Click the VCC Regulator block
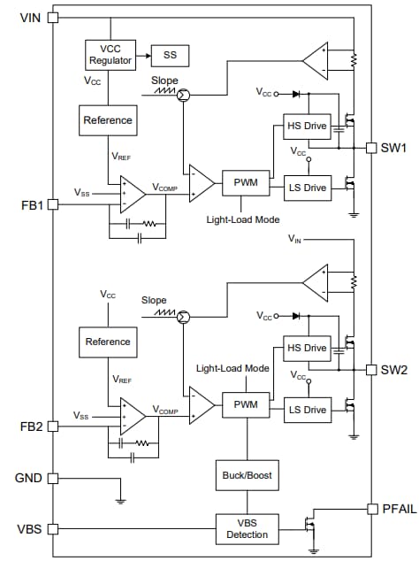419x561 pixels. pyautogui.click(x=110, y=55)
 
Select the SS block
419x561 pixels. pyautogui.click(x=170, y=55)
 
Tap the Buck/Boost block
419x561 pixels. pyautogui.click(x=245, y=475)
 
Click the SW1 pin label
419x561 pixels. pyautogui.click(x=393, y=148)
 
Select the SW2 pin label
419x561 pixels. pyautogui.click(x=393, y=369)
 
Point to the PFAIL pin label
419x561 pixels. pyautogui.click(x=394, y=508)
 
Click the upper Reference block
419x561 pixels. pyautogui.click(x=107, y=120)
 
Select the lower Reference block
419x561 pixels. pyautogui.click(x=107, y=342)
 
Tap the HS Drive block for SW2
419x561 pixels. pyautogui.click(x=306, y=349)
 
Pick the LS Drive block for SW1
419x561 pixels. pyautogui.click(x=306, y=188)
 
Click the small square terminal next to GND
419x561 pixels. pyautogui.click(x=52, y=479)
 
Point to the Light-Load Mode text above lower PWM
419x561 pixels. pyautogui.click(x=232, y=368)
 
